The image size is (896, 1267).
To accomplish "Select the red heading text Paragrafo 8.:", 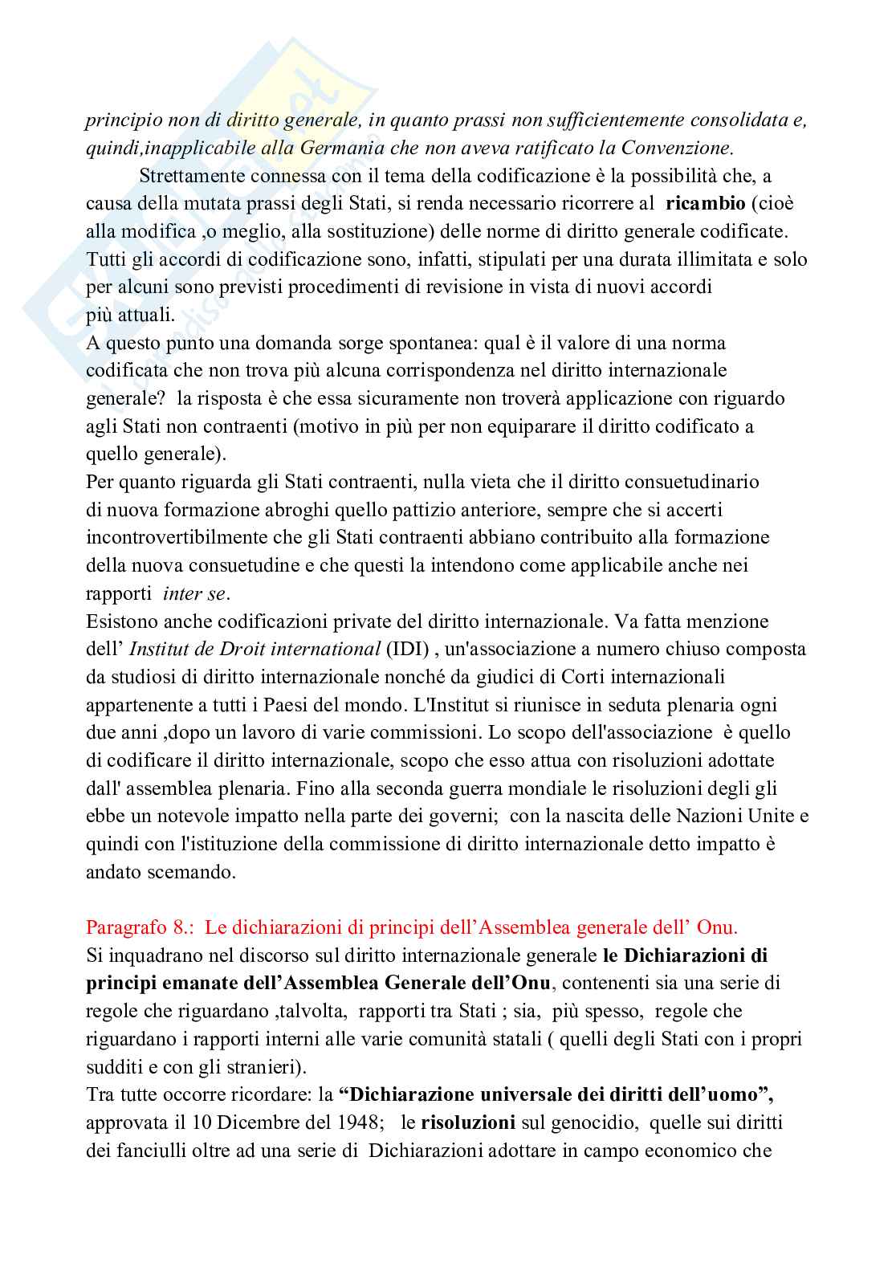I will click(141, 927).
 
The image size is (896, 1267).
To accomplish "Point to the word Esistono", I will click(118, 621).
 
